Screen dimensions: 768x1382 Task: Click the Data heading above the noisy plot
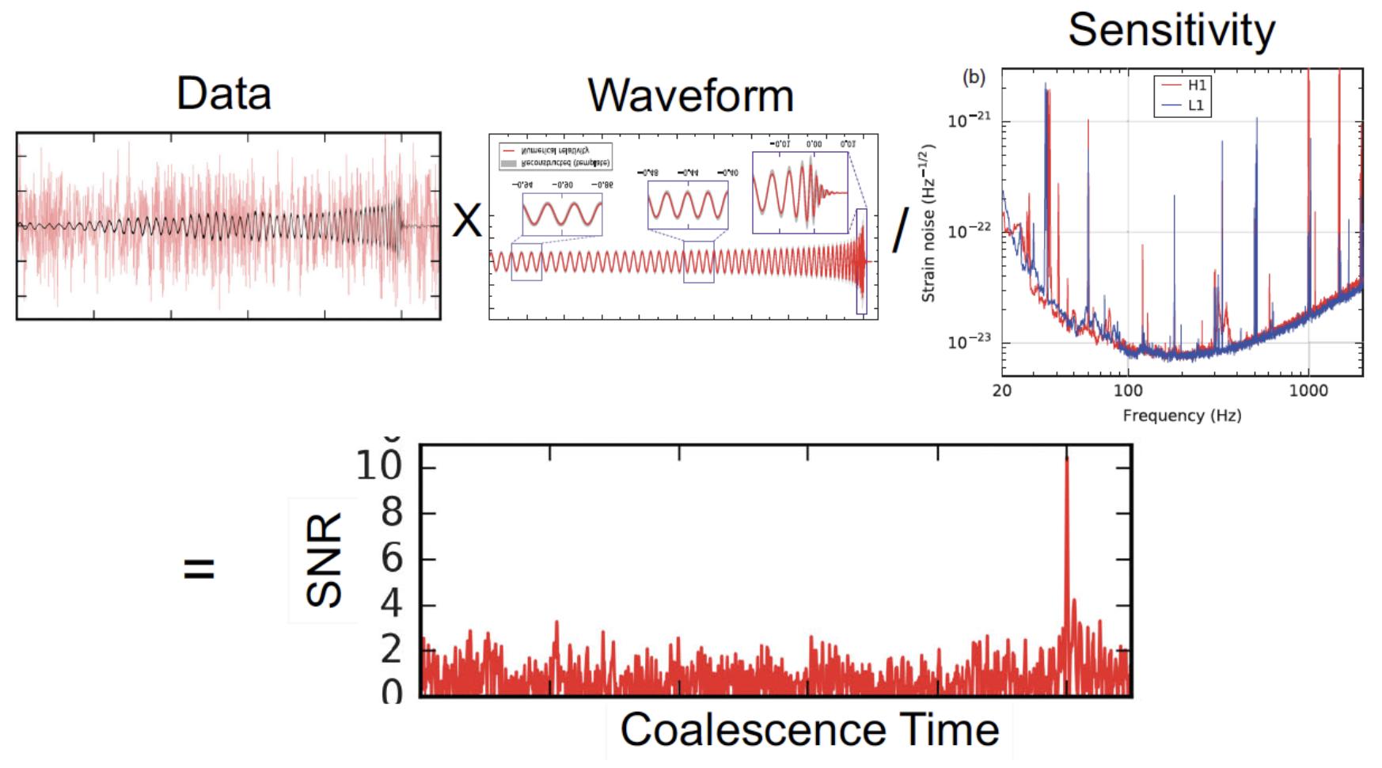223,93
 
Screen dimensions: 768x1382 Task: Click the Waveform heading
690,96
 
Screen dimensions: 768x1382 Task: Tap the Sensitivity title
1171,30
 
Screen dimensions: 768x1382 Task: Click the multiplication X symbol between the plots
467,220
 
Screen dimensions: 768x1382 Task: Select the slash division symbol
900,230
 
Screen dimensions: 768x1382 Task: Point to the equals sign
199,568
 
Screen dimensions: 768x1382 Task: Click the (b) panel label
974,78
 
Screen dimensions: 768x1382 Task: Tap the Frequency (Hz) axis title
1182,416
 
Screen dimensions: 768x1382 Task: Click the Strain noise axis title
928,223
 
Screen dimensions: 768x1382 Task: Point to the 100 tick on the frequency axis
1128,390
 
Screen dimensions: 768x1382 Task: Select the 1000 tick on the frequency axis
1308,390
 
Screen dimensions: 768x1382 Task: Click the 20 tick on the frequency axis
1002,390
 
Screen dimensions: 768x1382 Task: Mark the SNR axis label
324,559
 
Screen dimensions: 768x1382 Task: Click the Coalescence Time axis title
809,729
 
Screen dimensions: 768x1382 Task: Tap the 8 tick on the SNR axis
392,513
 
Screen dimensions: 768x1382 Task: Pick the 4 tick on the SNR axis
392,605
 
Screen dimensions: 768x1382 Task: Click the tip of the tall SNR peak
1067,459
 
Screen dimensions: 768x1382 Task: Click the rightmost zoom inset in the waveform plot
799,192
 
